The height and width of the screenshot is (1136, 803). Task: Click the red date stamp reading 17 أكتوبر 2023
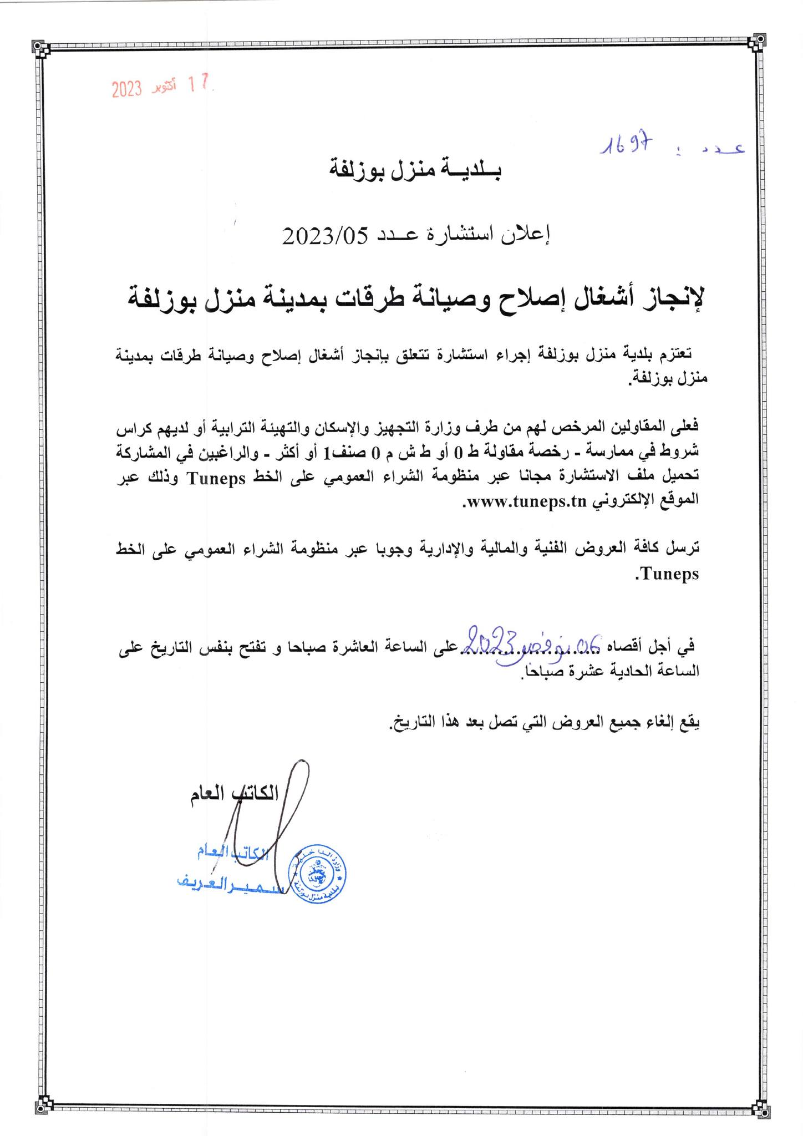tap(160, 87)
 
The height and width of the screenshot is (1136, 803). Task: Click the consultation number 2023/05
tap(324, 237)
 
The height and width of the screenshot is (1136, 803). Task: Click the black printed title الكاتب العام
tap(233, 794)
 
